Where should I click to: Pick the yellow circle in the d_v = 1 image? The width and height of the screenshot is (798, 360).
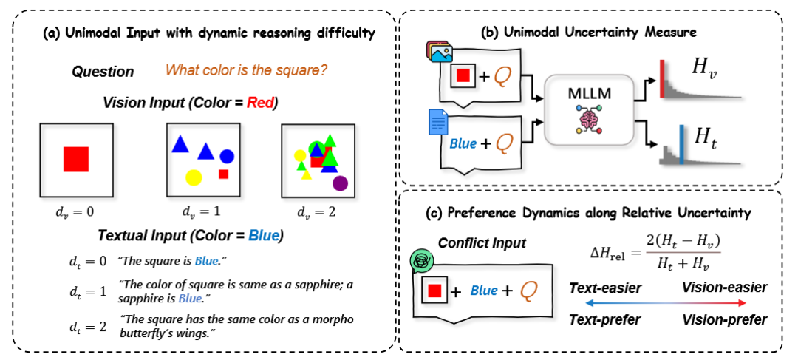pos(193,177)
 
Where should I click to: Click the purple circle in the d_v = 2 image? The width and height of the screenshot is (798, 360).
pos(340,182)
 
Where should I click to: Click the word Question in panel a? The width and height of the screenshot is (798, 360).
pos(103,72)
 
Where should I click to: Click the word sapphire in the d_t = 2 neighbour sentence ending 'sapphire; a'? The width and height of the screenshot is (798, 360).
pos(301,283)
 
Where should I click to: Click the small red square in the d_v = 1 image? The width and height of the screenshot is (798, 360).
pos(223,174)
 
